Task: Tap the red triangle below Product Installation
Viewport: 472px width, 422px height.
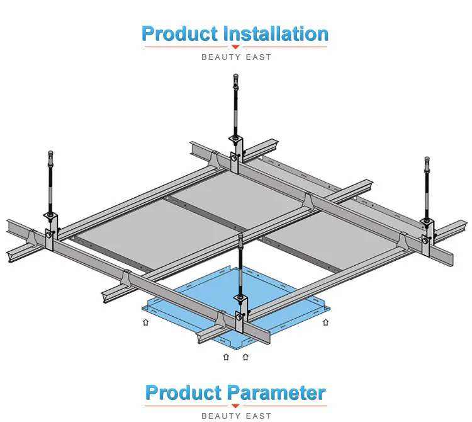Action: coord(236,47)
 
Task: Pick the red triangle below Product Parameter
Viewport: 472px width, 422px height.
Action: coord(236,406)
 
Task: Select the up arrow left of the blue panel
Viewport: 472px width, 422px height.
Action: coord(146,323)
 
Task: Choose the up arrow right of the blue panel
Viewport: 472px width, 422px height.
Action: coord(325,323)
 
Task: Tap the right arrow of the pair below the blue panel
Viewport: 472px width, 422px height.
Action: coord(245,358)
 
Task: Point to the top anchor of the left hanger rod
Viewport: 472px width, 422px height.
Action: coord(50,154)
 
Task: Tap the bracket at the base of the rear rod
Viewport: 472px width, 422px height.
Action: coord(236,151)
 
